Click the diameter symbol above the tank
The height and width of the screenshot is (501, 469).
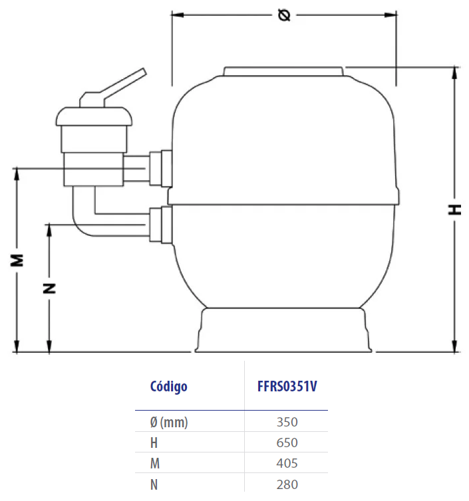[284, 15]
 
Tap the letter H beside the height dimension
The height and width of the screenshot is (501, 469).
[454, 209]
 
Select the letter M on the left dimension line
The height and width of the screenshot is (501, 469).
[17, 260]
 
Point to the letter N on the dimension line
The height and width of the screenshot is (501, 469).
[49, 288]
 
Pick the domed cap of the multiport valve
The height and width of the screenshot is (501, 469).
[94, 116]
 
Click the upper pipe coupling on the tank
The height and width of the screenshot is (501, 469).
[161, 168]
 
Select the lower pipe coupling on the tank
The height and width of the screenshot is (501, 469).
[161, 225]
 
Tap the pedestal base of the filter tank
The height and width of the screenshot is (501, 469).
[283, 330]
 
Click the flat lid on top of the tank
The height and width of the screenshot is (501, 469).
[283, 71]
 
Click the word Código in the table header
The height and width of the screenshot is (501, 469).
[168, 387]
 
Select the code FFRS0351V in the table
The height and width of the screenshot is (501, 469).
[287, 386]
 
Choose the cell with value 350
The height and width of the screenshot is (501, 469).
[287, 422]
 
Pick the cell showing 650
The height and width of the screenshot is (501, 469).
[287, 443]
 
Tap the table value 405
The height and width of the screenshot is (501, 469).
[287, 463]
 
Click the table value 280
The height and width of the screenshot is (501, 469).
[287, 484]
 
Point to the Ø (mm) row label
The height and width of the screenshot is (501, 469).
[169, 423]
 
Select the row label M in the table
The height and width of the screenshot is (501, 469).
[155, 463]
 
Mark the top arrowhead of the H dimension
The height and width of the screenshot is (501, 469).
[454, 72]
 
